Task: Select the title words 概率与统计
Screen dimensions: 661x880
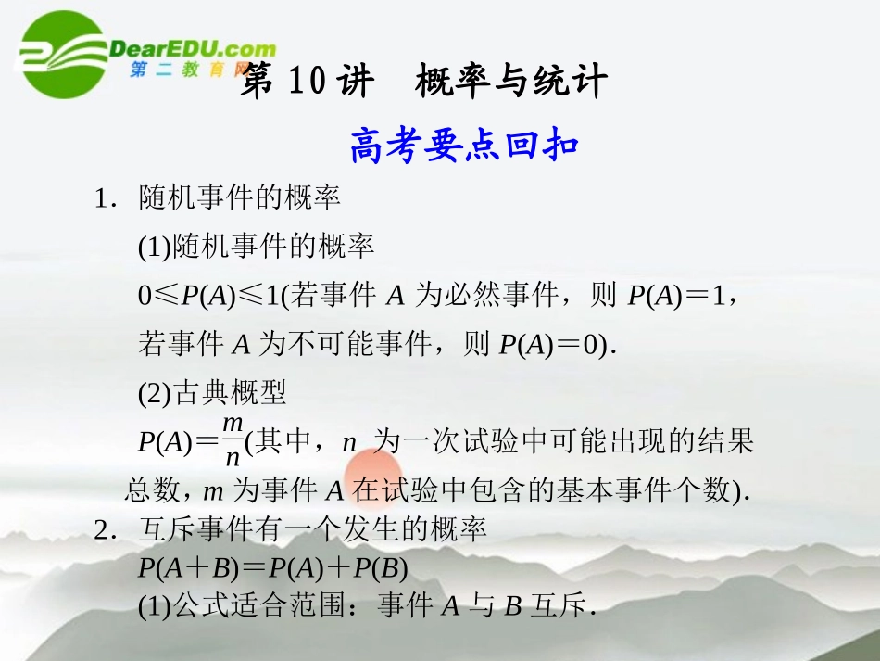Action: [512, 83]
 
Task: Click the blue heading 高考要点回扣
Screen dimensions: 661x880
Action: [464, 145]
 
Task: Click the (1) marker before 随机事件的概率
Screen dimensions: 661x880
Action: [154, 247]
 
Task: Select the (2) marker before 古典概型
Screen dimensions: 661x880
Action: [154, 393]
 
